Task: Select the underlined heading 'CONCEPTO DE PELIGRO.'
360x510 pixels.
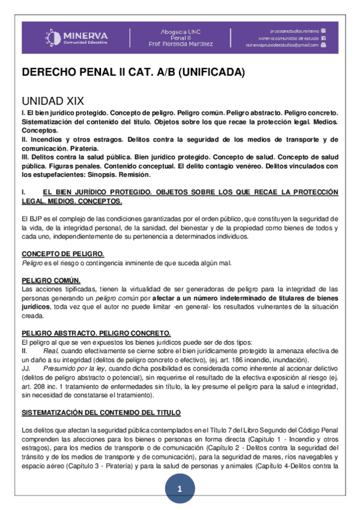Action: [x=63, y=254]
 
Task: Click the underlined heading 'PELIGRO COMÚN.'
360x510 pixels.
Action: [x=50, y=281]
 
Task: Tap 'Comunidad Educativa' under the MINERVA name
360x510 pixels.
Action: [x=85, y=43]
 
